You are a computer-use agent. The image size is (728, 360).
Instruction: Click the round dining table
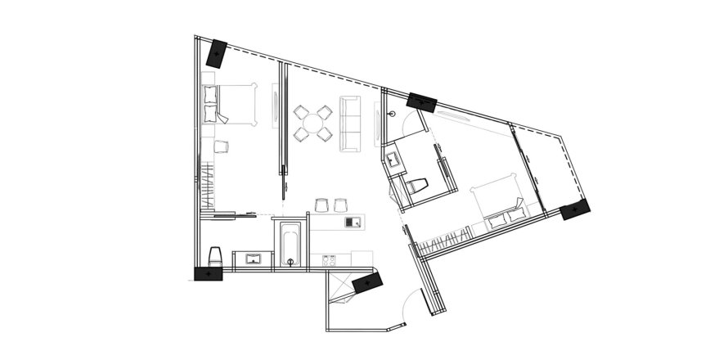click(312, 122)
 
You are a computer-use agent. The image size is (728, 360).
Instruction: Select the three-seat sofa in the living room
click(351, 123)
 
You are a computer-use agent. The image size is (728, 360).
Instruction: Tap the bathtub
click(289, 242)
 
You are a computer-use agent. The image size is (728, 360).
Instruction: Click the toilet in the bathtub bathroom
click(216, 256)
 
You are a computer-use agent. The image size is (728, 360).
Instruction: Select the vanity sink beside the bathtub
click(253, 259)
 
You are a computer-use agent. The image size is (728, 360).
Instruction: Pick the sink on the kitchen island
click(353, 222)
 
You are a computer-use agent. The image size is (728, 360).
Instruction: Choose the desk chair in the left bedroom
click(221, 146)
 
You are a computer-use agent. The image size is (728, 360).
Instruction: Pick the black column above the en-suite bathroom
click(424, 101)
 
